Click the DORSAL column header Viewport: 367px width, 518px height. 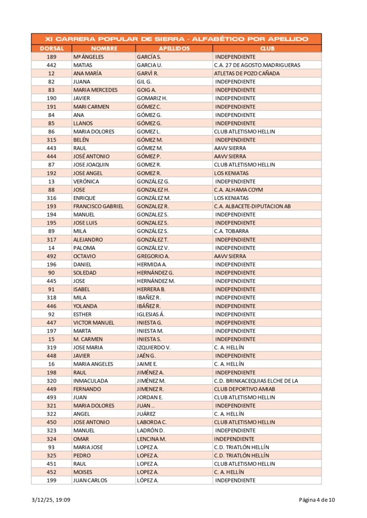tap(52, 49)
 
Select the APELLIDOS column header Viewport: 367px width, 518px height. tap(174, 49)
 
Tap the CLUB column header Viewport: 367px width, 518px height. tap(267, 49)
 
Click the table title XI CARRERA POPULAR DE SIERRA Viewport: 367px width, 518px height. tap(177, 39)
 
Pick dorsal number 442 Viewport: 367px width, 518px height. tap(52, 65)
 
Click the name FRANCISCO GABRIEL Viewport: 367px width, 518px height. tap(98, 206)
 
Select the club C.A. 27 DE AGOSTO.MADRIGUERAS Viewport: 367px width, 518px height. tap(257, 65)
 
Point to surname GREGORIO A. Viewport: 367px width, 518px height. tap(153, 256)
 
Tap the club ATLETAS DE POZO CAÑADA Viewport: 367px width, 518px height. tap(247, 73)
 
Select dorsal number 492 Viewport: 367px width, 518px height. tap(52, 256)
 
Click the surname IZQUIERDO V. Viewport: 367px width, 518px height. tap(153, 348)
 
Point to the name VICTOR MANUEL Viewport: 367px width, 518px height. tap(94, 323)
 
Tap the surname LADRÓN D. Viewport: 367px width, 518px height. tap(151, 430)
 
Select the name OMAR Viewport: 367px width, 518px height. tap(81, 439)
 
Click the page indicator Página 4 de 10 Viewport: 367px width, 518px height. tap(316, 501)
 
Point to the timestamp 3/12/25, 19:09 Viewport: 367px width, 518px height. tap(51, 501)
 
